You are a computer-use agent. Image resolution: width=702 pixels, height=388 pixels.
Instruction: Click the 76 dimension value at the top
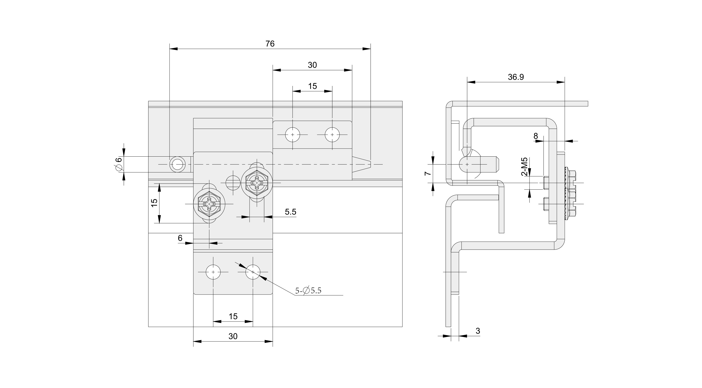pyautogui.click(x=270, y=44)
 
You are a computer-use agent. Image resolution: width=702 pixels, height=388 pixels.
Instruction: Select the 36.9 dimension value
pyautogui.click(x=516, y=77)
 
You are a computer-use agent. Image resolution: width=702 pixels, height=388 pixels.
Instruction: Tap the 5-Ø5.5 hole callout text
pyautogui.click(x=308, y=291)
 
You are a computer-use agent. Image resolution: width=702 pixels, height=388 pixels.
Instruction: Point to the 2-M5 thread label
pyautogui.click(x=524, y=167)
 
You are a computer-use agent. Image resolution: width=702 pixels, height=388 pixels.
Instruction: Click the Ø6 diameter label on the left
pyautogui.click(x=119, y=164)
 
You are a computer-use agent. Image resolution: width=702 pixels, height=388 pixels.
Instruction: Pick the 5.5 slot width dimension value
pyautogui.click(x=290, y=212)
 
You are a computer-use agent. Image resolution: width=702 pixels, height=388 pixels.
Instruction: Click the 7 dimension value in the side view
pyautogui.click(x=428, y=173)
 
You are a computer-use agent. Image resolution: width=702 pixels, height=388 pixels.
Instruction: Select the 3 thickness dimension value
pyautogui.click(x=478, y=331)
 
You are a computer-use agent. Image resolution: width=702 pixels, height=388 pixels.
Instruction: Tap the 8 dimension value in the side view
pyautogui.click(x=536, y=136)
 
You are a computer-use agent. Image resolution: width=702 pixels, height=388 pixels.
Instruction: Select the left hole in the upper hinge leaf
pyautogui.click(x=292, y=135)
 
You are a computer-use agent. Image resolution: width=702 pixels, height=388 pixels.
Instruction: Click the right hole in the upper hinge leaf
pyautogui.click(x=332, y=135)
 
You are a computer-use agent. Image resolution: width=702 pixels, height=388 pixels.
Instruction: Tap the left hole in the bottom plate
pyautogui.click(x=213, y=272)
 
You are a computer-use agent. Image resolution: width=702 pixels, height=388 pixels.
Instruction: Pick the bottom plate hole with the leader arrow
pyautogui.click(x=253, y=272)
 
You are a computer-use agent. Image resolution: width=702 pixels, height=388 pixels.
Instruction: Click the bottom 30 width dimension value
pyautogui.click(x=233, y=337)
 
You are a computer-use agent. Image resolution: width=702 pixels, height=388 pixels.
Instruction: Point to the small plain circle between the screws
pyautogui.click(x=233, y=183)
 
